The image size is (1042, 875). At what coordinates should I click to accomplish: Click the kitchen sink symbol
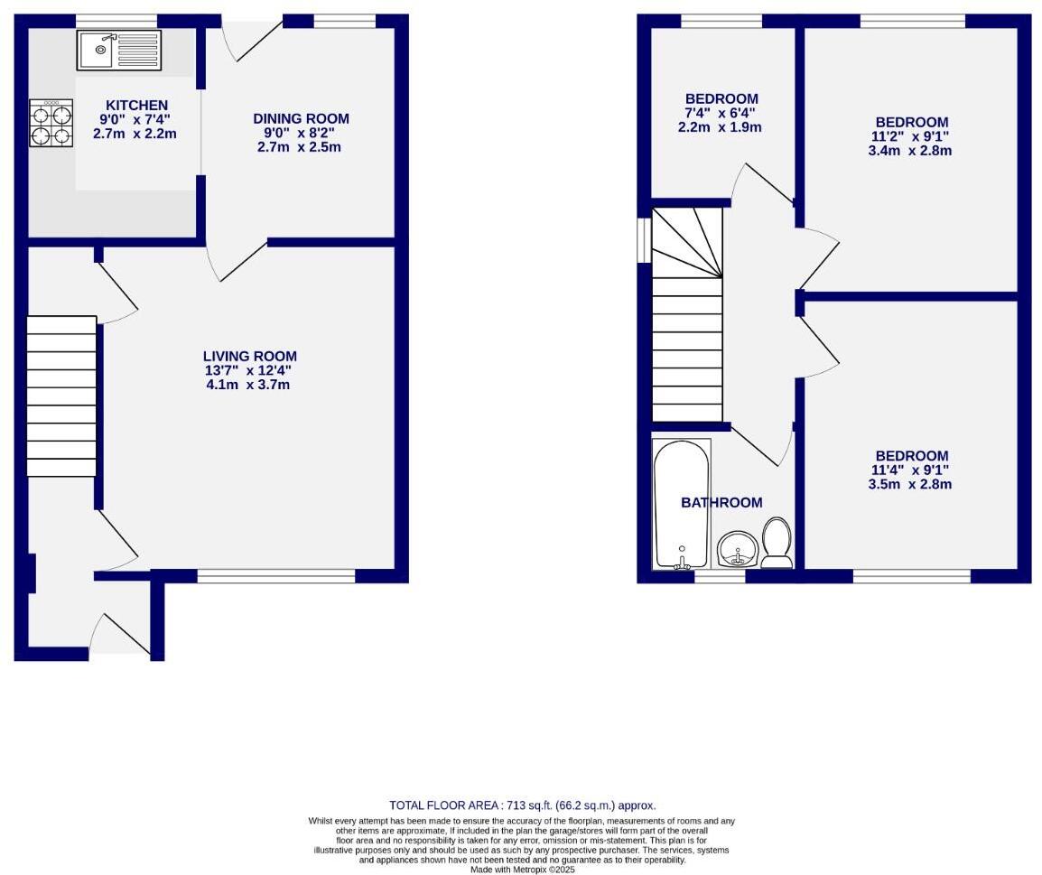tap(118, 51)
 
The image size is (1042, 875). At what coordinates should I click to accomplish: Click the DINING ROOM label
tap(301, 118)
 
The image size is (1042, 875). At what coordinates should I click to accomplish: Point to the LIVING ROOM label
tap(249, 357)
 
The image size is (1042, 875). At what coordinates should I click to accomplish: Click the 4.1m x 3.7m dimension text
tap(247, 385)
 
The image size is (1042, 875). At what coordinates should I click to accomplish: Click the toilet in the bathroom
tap(777, 544)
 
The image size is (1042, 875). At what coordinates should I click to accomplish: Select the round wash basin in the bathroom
tap(738, 549)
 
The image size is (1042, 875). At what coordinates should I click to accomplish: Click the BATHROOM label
tap(721, 503)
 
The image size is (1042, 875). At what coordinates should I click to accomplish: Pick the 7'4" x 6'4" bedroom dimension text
tap(721, 113)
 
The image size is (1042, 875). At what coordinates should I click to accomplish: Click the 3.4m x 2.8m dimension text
tap(912, 151)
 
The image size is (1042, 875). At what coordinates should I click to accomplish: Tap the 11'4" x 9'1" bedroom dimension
tap(912, 470)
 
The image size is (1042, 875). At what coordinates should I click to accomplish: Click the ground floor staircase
tap(61, 396)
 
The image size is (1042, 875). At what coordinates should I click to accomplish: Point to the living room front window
tap(276, 576)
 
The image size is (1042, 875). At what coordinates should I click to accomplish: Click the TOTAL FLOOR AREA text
tap(522, 805)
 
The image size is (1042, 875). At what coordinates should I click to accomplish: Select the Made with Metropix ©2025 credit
tap(522, 870)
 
